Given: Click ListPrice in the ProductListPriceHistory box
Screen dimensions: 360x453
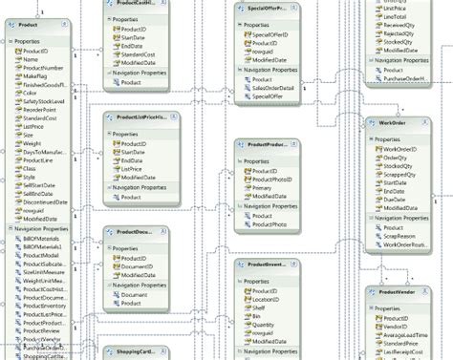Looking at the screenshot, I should pos(135,167).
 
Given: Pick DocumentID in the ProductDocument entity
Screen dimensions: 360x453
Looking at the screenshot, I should pos(139,266).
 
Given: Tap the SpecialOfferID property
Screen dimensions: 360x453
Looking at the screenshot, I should pos(270,34).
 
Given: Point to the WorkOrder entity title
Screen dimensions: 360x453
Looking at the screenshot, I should pos(393,123).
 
